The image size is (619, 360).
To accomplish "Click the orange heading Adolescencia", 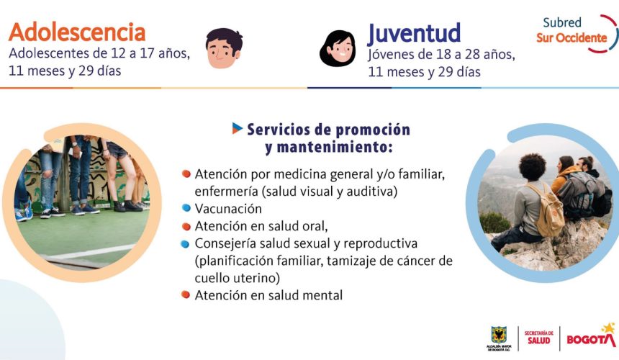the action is click(77, 32).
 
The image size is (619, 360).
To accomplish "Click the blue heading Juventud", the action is click(414, 34).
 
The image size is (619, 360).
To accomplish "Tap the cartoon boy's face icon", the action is click(224, 48).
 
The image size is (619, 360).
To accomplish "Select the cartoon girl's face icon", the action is click(338, 48).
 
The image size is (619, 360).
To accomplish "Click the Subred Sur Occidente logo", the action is click(577, 33).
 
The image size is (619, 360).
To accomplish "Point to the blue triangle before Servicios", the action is click(238, 128).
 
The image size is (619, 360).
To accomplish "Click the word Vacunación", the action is click(228, 208).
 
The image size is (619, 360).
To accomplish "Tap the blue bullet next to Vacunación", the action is click(186, 207).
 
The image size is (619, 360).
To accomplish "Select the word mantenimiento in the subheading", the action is click(329, 147).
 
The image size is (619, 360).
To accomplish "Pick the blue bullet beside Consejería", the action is click(185, 244).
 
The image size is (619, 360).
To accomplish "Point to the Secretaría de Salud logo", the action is click(539, 338).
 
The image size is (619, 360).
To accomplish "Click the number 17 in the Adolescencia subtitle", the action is click(146, 53).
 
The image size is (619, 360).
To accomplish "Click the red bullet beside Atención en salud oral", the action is click(186, 226).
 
